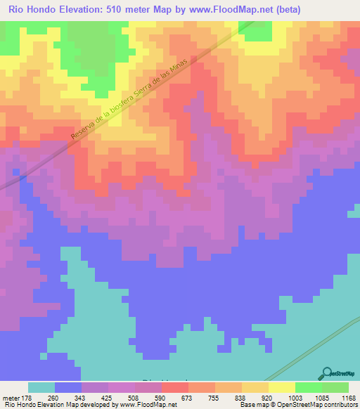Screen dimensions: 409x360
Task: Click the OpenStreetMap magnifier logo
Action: pos(329,373)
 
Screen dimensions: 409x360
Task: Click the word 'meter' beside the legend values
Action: pos(12,397)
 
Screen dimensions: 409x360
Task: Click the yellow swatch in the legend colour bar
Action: pos(282,387)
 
